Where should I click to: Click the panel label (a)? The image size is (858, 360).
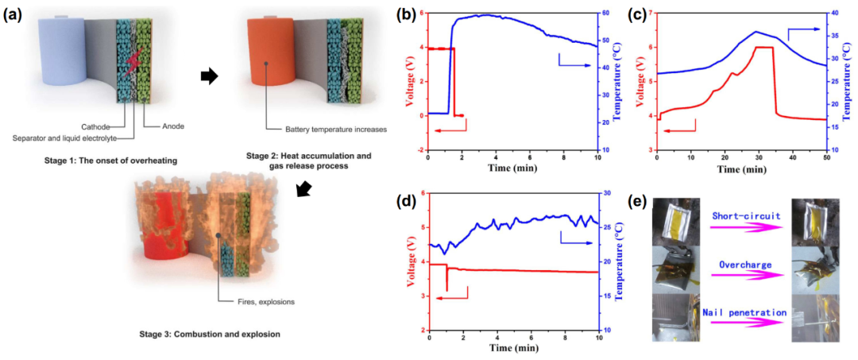tap(14, 14)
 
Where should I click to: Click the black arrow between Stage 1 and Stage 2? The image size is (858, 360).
tap(209, 76)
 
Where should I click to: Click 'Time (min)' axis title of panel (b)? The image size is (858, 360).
tap(512, 168)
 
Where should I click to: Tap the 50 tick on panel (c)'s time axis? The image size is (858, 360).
tap(826, 160)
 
